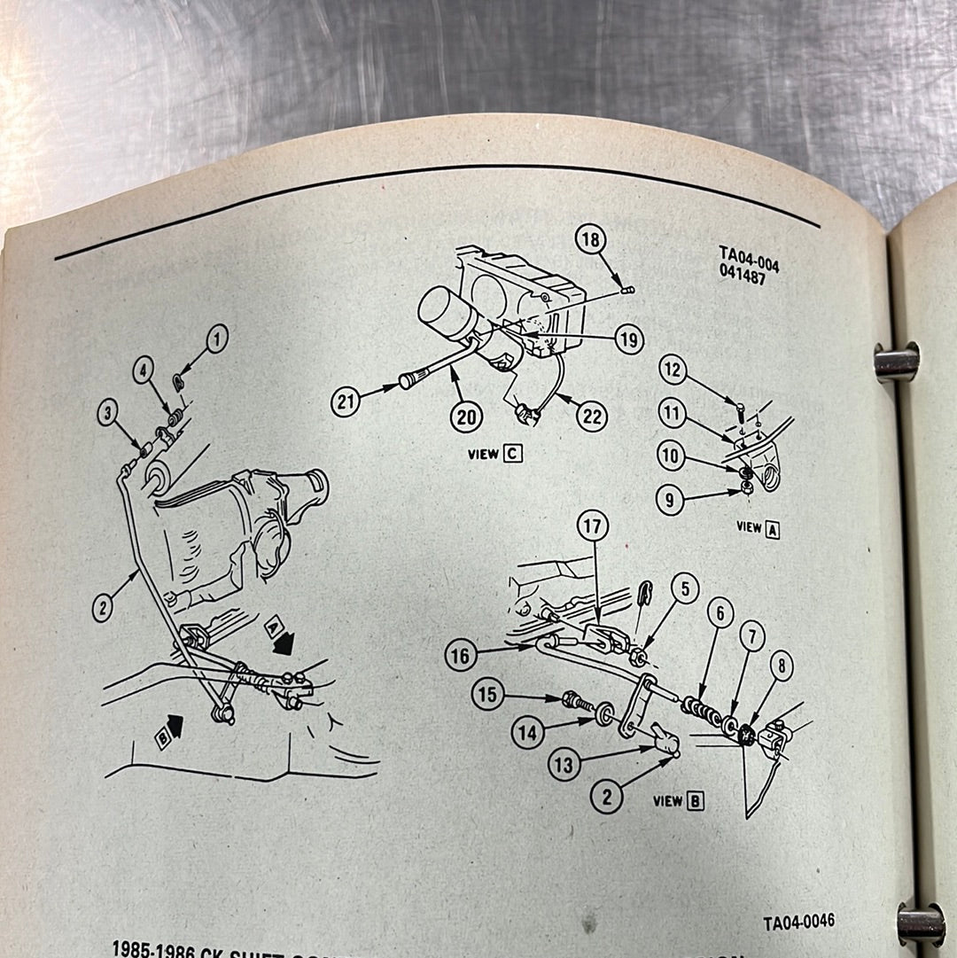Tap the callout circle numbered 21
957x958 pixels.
(346, 402)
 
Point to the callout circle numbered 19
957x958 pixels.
(628, 339)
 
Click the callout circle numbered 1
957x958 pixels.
(217, 338)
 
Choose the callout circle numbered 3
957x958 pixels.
(109, 413)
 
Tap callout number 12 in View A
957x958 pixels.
(673, 370)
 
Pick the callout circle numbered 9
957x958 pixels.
(671, 499)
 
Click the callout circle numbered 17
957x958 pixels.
(594, 526)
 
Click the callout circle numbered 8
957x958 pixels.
(781, 666)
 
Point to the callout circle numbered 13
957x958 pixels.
(564, 763)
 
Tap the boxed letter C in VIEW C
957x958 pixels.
(512, 455)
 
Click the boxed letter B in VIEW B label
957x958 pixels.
(696, 801)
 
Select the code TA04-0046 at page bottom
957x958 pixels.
(798, 923)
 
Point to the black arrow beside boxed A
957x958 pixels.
(284, 645)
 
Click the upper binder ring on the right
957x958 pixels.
(895, 362)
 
